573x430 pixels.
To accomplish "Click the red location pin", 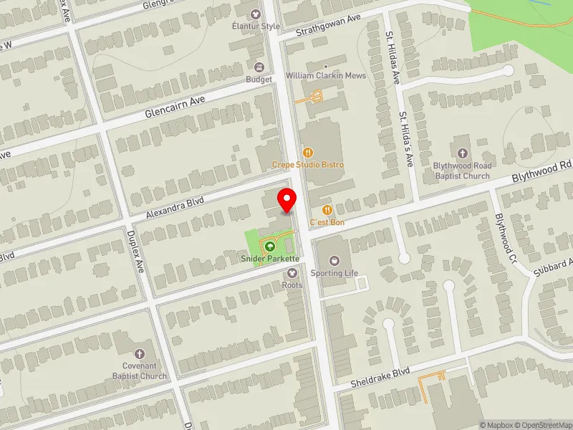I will click(288, 199).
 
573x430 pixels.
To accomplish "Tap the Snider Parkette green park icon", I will click(270, 247).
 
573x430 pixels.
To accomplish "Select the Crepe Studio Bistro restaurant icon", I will click(308, 152).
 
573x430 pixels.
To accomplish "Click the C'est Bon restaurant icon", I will click(327, 210).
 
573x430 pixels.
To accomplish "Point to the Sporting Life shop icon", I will click(334, 260).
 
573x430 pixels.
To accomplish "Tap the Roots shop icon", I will click(292, 272).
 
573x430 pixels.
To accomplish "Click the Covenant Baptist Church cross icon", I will click(139, 354).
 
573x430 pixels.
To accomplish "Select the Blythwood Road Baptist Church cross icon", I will click(462, 153).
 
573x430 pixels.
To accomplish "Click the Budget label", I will click(259, 80).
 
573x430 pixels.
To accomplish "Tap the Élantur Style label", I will click(255, 27).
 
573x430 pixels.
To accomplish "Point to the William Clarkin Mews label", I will click(326, 76).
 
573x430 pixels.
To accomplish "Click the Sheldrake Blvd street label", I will click(380, 378).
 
